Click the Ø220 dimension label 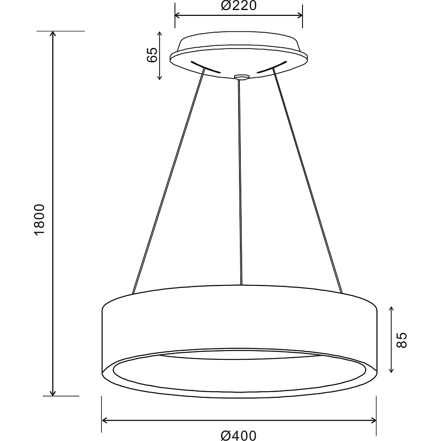[x=239, y=6]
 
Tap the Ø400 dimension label [x=239, y=436]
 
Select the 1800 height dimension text [x=39, y=219]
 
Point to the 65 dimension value [x=152, y=55]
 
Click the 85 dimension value [x=401, y=340]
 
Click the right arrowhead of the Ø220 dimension [x=300, y=15]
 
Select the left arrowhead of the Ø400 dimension [x=104, y=420]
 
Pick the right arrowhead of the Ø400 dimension [x=374, y=420]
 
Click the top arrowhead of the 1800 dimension [x=53, y=34]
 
